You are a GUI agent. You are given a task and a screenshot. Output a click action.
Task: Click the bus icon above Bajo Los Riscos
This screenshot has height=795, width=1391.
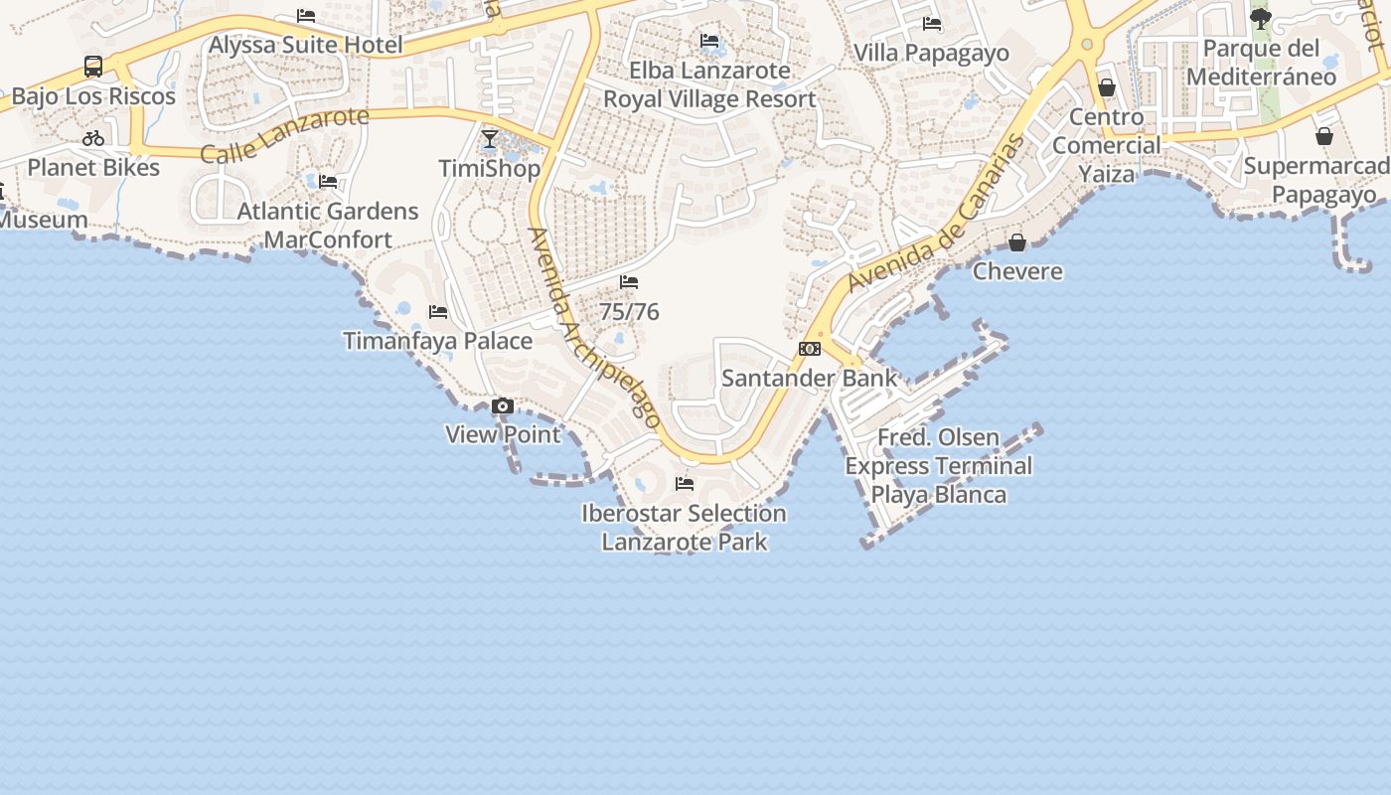93,68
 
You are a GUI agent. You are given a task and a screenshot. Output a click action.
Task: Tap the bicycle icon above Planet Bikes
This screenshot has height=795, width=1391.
93,139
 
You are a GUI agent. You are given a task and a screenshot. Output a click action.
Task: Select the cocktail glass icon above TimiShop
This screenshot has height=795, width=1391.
490,139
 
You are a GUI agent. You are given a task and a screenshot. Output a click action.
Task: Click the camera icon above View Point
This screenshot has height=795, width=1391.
503,405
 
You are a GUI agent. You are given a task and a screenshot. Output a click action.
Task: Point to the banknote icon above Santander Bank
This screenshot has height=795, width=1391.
810,349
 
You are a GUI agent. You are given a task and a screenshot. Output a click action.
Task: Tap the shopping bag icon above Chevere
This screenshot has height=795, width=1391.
1017,242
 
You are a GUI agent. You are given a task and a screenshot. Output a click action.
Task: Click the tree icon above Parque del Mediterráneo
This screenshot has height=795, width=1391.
1261,19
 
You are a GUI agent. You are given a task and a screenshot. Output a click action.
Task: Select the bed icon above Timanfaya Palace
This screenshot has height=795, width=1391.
438,312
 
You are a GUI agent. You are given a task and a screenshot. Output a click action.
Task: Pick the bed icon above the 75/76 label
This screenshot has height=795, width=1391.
629,283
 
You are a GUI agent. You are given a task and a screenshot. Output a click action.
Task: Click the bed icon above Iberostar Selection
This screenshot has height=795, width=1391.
685,484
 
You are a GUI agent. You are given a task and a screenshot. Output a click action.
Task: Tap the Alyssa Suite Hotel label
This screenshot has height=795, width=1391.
306,45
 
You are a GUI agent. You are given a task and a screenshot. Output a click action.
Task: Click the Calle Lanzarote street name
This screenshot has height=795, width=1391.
285,135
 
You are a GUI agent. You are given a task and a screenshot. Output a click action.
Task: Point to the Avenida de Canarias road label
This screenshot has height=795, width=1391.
935,213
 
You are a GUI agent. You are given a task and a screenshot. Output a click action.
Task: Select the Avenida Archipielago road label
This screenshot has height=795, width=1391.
594,328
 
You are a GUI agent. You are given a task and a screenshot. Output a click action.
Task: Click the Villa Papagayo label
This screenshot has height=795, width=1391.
931,53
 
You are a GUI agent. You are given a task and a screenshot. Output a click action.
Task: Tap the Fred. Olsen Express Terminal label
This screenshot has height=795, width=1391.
939,466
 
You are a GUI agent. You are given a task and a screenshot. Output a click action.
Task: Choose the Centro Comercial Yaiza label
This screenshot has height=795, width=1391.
1107,145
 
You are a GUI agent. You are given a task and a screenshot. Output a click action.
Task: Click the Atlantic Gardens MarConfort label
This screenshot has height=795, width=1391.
328,226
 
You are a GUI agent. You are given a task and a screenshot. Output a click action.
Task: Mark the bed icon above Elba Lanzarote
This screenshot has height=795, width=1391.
709,41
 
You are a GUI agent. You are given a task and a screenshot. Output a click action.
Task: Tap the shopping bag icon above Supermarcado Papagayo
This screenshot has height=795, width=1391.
1324,136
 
